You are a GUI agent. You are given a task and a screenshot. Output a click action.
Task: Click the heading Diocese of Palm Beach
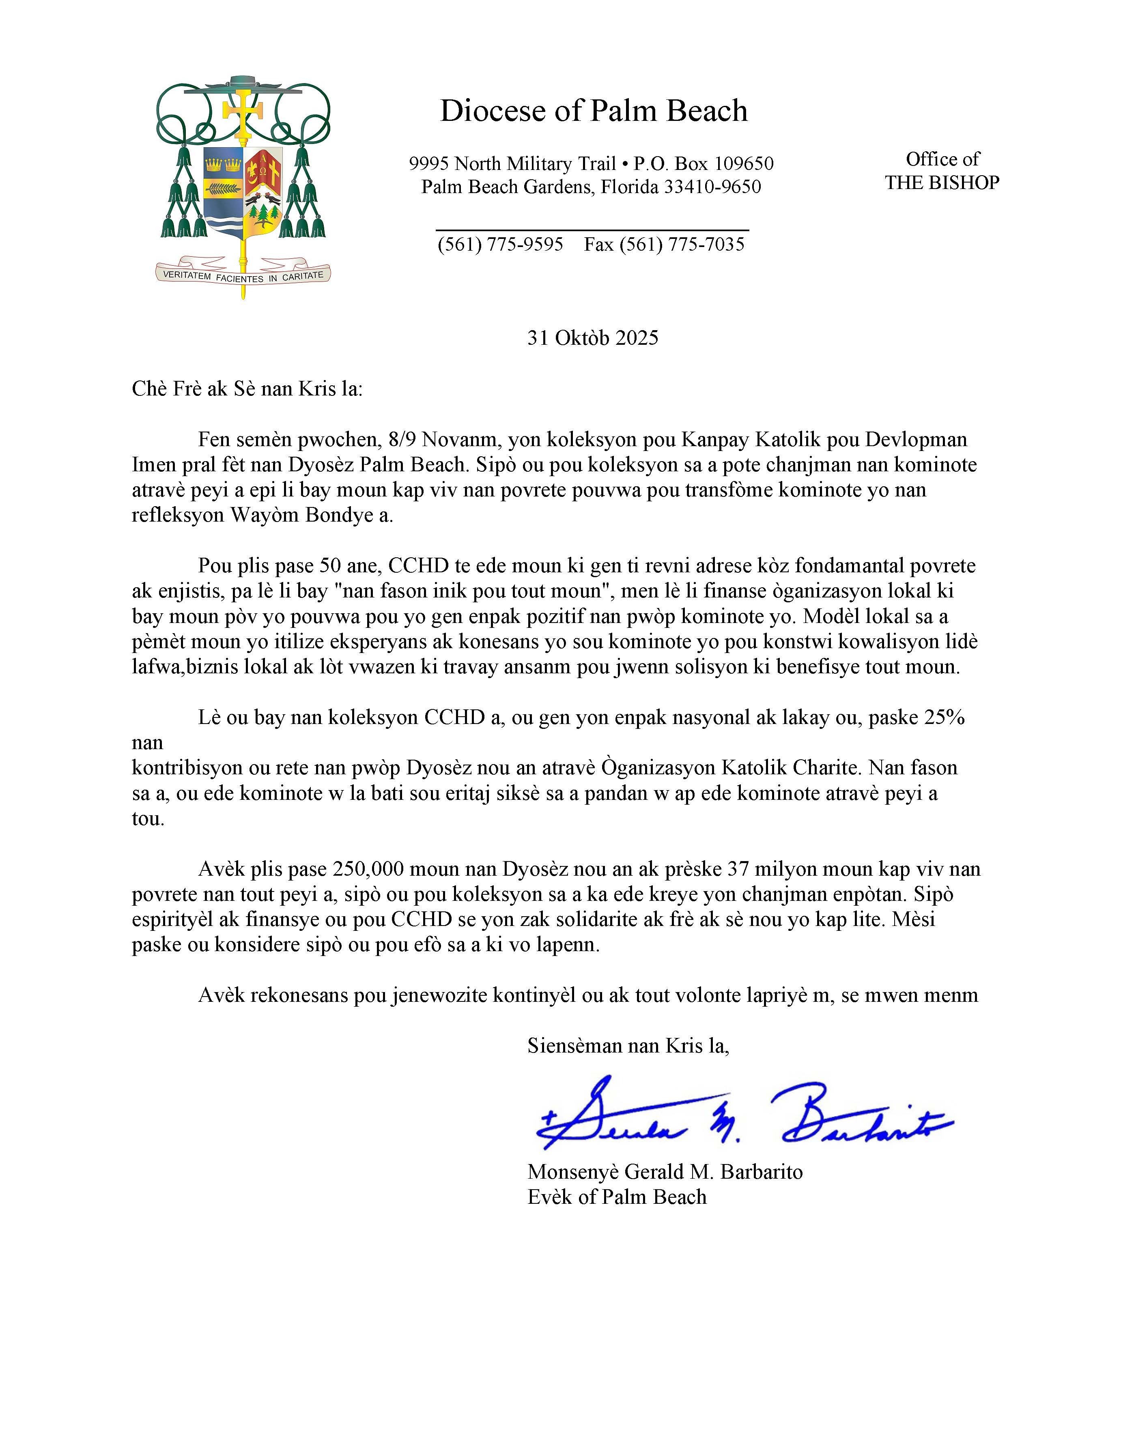tap(593, 111)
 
